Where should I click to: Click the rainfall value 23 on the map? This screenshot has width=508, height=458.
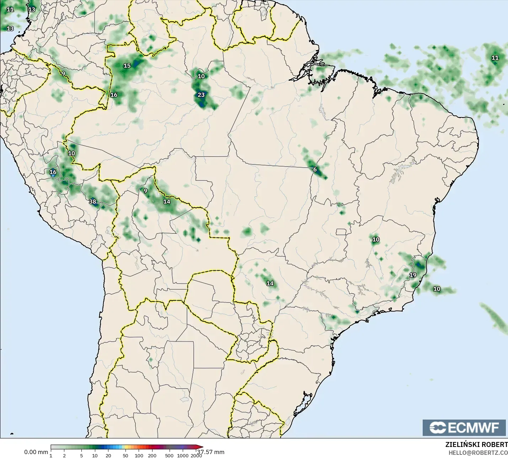pyautogui.click(x=201, y=95)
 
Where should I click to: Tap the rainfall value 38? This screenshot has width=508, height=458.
pyautogui.click(x=92, y=202)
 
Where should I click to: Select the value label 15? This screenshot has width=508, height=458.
pyautogui.click(x=127, y=65)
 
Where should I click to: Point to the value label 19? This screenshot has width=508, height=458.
pyautogui.click(x=413, y=275)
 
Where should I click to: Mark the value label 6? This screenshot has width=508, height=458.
pyautogui.click(x=315, y=169)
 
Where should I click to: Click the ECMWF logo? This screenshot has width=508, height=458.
pyautogui.click(x=464, y=427)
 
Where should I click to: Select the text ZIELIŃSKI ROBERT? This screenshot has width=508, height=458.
pyautogui.click(x=476, y=445)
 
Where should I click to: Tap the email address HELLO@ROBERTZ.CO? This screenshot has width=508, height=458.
pyautogui.click(x=478, y=453)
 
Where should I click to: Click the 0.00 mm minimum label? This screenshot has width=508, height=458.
pyautogui.click(x=36, y=452)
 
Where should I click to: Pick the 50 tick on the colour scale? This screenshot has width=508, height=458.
pyautogui.click(x=125, y=455)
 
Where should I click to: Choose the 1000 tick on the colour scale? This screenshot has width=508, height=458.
pyautogui.click(x=183, y=455)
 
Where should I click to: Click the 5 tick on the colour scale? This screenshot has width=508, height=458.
pyautogui.click(x=81, y=455)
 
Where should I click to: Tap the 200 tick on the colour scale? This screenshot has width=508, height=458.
pyautogui.click(x=152, y=455)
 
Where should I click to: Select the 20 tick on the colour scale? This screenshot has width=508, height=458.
pyautogui.click(x=108, y=455)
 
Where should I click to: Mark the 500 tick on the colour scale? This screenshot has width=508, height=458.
pyautogui.click(x=169, y=455)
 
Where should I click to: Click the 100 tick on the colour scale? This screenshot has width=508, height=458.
pyautogui.click(x=139, y=455)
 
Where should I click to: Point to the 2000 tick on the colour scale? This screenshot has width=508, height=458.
pyautogui.click(x=196, y=455)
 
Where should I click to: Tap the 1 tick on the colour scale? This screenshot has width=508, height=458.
pyautogui.click(x=51, y=455)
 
